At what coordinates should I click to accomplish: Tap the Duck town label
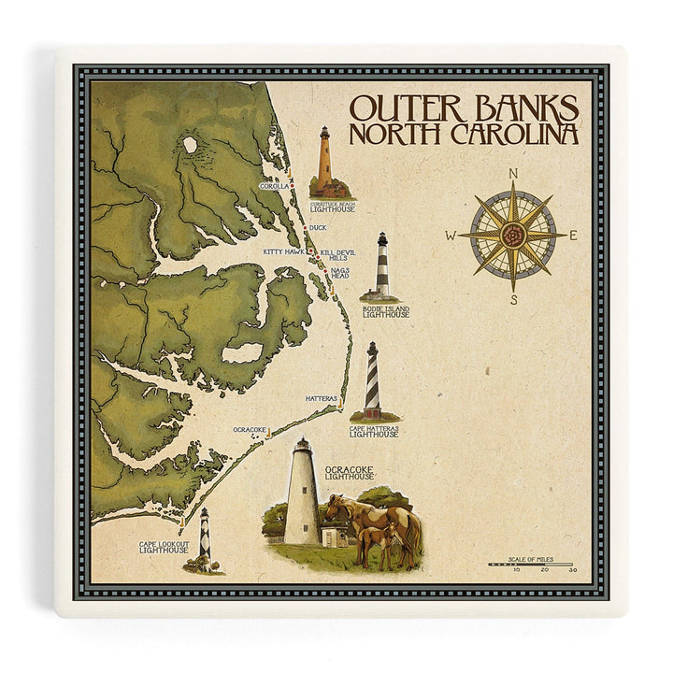318,227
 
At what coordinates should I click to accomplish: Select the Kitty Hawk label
284,251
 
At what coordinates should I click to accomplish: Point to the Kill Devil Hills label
337,256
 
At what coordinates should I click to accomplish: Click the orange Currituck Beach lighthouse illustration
324,162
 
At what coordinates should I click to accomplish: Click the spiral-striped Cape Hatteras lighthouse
372,380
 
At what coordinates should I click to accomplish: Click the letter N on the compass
513,174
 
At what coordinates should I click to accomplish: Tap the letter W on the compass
451,236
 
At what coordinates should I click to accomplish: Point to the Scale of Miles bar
530,564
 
